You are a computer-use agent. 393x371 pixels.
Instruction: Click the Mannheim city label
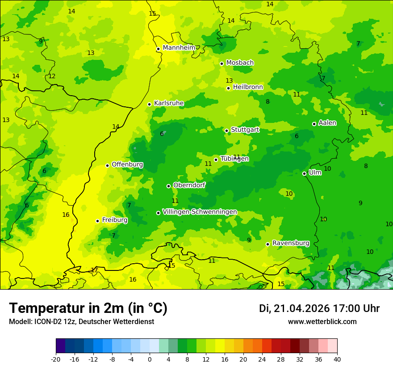click(x=179, y=48)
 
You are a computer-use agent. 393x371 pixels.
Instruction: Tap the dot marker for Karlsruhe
click(x=150, y=104)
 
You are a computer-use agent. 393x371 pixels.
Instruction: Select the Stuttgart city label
click(x=245, y=130)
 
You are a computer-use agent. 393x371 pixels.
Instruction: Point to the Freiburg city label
click(x=114, y=220)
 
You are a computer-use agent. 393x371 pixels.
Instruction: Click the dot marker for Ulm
click(x=305, y=173)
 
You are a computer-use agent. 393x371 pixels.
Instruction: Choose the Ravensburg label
click(x=290, y=243)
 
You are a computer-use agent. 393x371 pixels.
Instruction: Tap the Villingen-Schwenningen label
click(x=200, y=212)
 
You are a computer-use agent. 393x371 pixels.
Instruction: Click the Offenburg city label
click(x=127, y=164)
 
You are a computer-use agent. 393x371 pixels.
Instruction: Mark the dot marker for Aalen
click(x=314, y=124)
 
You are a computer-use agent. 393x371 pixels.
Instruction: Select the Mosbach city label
click(x=240, y=63)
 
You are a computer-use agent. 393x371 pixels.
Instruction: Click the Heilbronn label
click(x=248, y=87)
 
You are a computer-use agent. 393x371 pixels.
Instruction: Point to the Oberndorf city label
click(x=189, y=185)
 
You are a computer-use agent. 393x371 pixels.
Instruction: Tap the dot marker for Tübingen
click(x=216, y=160)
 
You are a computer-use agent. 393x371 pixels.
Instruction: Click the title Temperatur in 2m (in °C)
click(x=88, y=308)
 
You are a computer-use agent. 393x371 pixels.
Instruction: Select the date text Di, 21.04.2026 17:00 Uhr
click(x=319, y=308)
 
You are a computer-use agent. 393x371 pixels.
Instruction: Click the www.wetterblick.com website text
click(x=322, y=322)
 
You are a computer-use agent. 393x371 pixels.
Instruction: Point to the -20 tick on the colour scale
click(x=56, y=359)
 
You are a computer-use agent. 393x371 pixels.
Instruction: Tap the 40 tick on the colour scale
click(x=337, y=359)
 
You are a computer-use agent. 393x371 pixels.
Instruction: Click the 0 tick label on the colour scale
click(x=150, y=359)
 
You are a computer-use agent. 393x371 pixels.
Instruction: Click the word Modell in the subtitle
click(x=19, y=322)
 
